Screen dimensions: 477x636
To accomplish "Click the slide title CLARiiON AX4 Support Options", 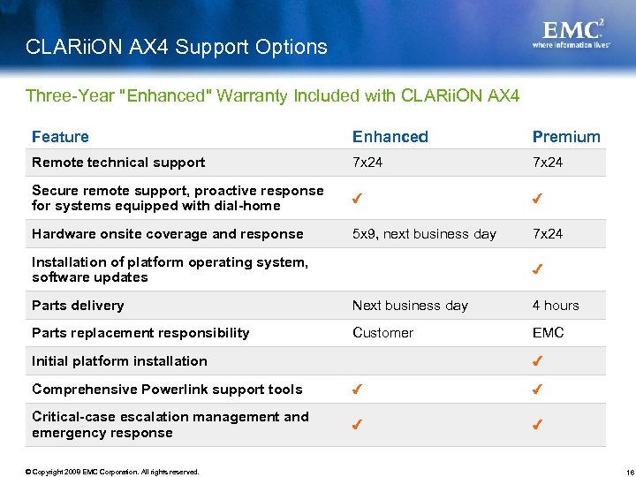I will (x=177, y=47).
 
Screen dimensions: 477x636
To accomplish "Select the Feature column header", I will (x=60, y=137).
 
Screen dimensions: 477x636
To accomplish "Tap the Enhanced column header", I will (x=390, y=137).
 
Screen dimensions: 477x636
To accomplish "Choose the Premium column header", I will (x=565, y=137).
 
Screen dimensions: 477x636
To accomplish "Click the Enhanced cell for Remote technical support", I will (x=369, y=163).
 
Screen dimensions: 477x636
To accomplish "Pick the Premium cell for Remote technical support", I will (x=549, y=163).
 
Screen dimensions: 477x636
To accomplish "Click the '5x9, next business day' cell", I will (x=424, y=234).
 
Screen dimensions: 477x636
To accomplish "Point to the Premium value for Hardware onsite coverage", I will (x=549, y=234).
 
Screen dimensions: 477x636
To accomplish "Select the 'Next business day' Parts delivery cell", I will (x=410, y=306).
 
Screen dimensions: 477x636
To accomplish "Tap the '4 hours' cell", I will (x=556, y=306).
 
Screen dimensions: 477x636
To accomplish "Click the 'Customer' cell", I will (x=382, y=333).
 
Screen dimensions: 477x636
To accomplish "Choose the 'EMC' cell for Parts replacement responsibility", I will (x=548, y=333).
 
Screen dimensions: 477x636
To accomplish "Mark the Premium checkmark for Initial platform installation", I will (x=537, y=361).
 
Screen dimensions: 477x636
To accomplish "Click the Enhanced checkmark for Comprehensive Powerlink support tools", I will (x=357, y=390).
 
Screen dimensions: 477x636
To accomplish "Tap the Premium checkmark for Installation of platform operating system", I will (x=537, y=269).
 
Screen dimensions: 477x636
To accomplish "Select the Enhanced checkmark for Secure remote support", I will (x=357, y=199).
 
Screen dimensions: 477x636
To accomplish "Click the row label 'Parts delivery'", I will (x=78, y=306).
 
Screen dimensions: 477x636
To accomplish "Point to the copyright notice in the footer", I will (x=112, y=471).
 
